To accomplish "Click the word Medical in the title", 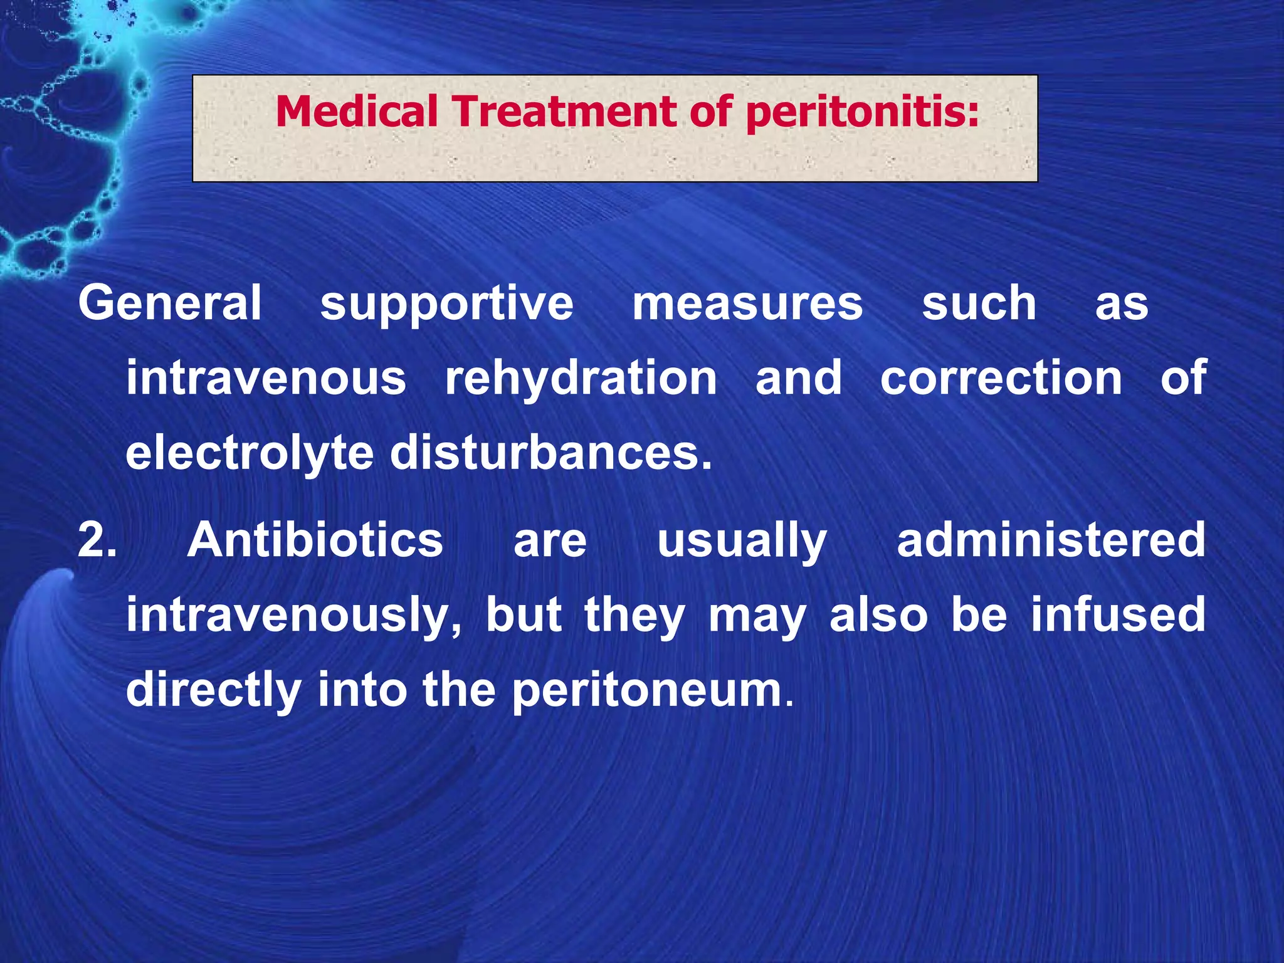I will tap(356, 112).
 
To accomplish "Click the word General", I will tap(169, 303).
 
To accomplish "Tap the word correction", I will tap(1001, 378).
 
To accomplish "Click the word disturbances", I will tap(551, 453).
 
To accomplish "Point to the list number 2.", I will tap(97, 540).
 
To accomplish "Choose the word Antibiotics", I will tap(315, 540).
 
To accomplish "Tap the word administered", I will tap(1051, 540).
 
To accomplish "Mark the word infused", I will tap(1118, 614).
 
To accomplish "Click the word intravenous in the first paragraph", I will tap(266, 378).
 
